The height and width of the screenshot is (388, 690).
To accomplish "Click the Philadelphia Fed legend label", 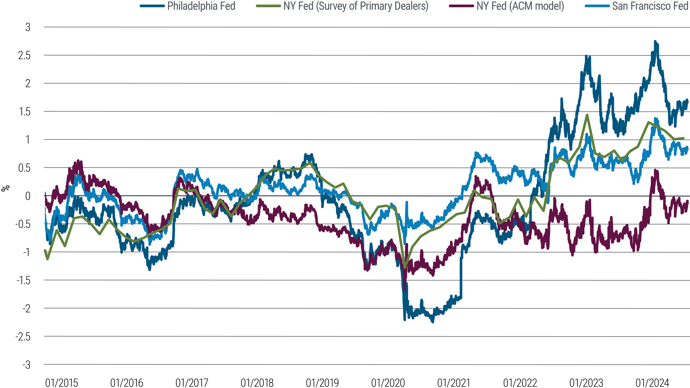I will [201, 6].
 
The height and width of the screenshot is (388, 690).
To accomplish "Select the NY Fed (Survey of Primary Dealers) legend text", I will [356, 6].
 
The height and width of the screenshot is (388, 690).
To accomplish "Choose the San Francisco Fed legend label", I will [650, 6].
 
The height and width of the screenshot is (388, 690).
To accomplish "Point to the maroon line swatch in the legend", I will [461, 6].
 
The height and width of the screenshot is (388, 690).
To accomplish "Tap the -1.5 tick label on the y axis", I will [24, 280].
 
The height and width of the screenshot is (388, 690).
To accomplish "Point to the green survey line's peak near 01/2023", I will [587, 115].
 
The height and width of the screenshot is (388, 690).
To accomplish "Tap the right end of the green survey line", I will [684, 138].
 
